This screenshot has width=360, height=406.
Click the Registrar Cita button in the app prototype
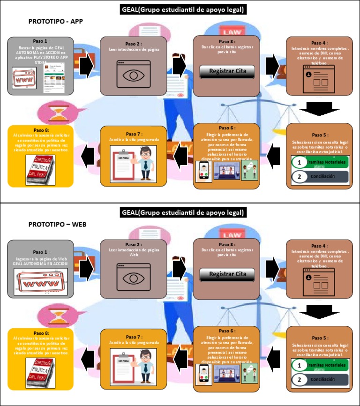(x=227, y=71)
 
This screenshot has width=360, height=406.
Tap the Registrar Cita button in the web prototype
(x=227, y=274)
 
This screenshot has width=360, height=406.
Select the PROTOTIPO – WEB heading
(x=57, y=224)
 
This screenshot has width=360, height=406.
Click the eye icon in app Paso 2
(x=134, y=75)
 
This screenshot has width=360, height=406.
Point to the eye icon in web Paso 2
(x=134, y=278)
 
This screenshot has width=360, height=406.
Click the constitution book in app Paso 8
(x=40, y=169)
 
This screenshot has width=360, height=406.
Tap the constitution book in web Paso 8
(x=40, y=372)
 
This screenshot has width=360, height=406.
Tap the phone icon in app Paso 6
(x=203, y=173)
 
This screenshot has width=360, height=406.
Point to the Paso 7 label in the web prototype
(x=134, y=337)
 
